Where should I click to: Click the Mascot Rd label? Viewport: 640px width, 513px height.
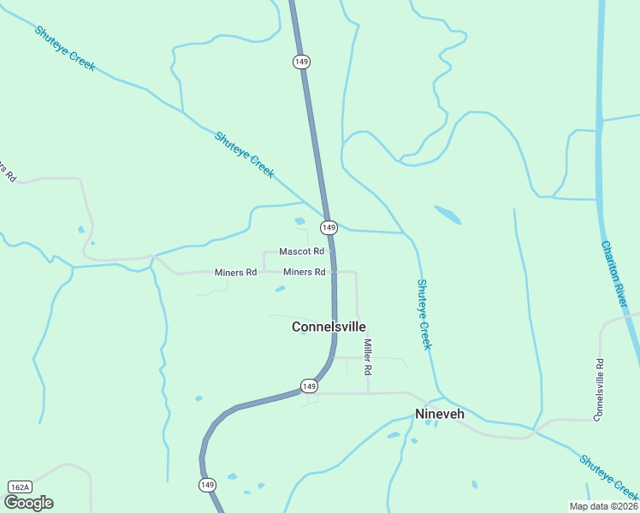coord(302,251)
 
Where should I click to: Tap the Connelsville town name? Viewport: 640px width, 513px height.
coord(329,327)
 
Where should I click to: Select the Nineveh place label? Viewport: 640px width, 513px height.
coord(440,415)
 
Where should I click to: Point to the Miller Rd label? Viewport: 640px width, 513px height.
coord(368,357)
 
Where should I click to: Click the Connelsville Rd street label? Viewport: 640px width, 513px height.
coord(599,389)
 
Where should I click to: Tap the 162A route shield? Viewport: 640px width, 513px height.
coord(19,486)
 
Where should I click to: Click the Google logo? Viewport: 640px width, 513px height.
coord(28,502)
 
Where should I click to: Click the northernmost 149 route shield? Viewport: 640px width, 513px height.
coord(300,62)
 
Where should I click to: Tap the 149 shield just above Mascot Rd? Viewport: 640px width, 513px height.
coord(329,227)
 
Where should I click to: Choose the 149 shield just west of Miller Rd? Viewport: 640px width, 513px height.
coord(310,386)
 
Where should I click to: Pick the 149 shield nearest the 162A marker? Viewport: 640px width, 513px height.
coord(207,485)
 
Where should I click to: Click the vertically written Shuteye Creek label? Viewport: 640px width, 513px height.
coord(424,314)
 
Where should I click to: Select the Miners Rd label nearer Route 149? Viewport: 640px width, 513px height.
coord(304,272)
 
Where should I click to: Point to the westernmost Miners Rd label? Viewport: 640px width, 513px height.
coord(235,273)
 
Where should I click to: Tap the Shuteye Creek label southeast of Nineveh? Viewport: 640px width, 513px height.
coord(607,476)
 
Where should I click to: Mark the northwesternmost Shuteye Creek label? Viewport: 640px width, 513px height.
coord(65,48)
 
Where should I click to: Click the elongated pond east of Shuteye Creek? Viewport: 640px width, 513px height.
coord(447,214)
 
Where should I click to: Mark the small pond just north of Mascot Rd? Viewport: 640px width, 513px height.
coord(299,221)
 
